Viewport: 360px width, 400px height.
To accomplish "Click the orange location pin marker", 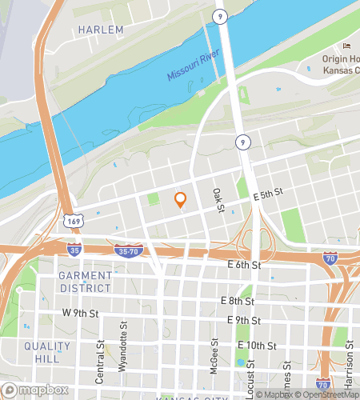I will (181, 200).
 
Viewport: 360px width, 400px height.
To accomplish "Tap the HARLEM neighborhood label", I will (102, 30).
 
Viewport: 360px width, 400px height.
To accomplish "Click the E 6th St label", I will (244, 265).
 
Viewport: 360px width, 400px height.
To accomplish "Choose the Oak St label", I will (217, 200).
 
